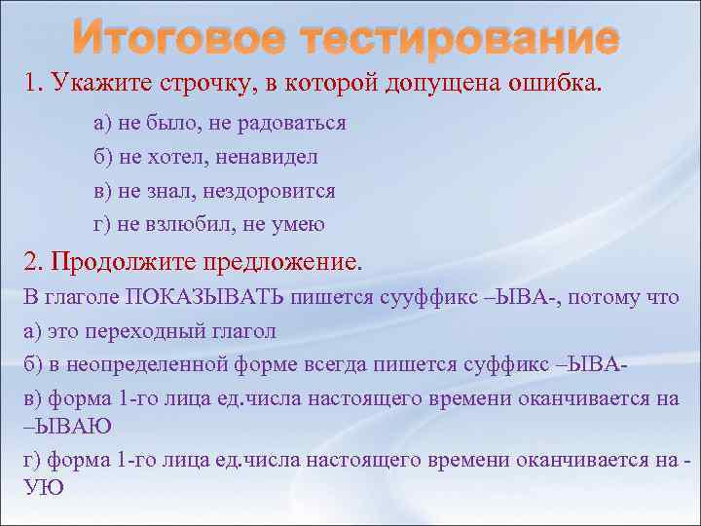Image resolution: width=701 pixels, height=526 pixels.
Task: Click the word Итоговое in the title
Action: click(x=178, y=40)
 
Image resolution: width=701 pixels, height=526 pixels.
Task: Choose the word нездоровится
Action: click(x=275, y=190)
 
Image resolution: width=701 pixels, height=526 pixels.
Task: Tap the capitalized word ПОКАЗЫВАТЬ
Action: click(x=200, y=297)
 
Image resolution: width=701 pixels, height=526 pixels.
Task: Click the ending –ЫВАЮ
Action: click(x=66, y=425)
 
